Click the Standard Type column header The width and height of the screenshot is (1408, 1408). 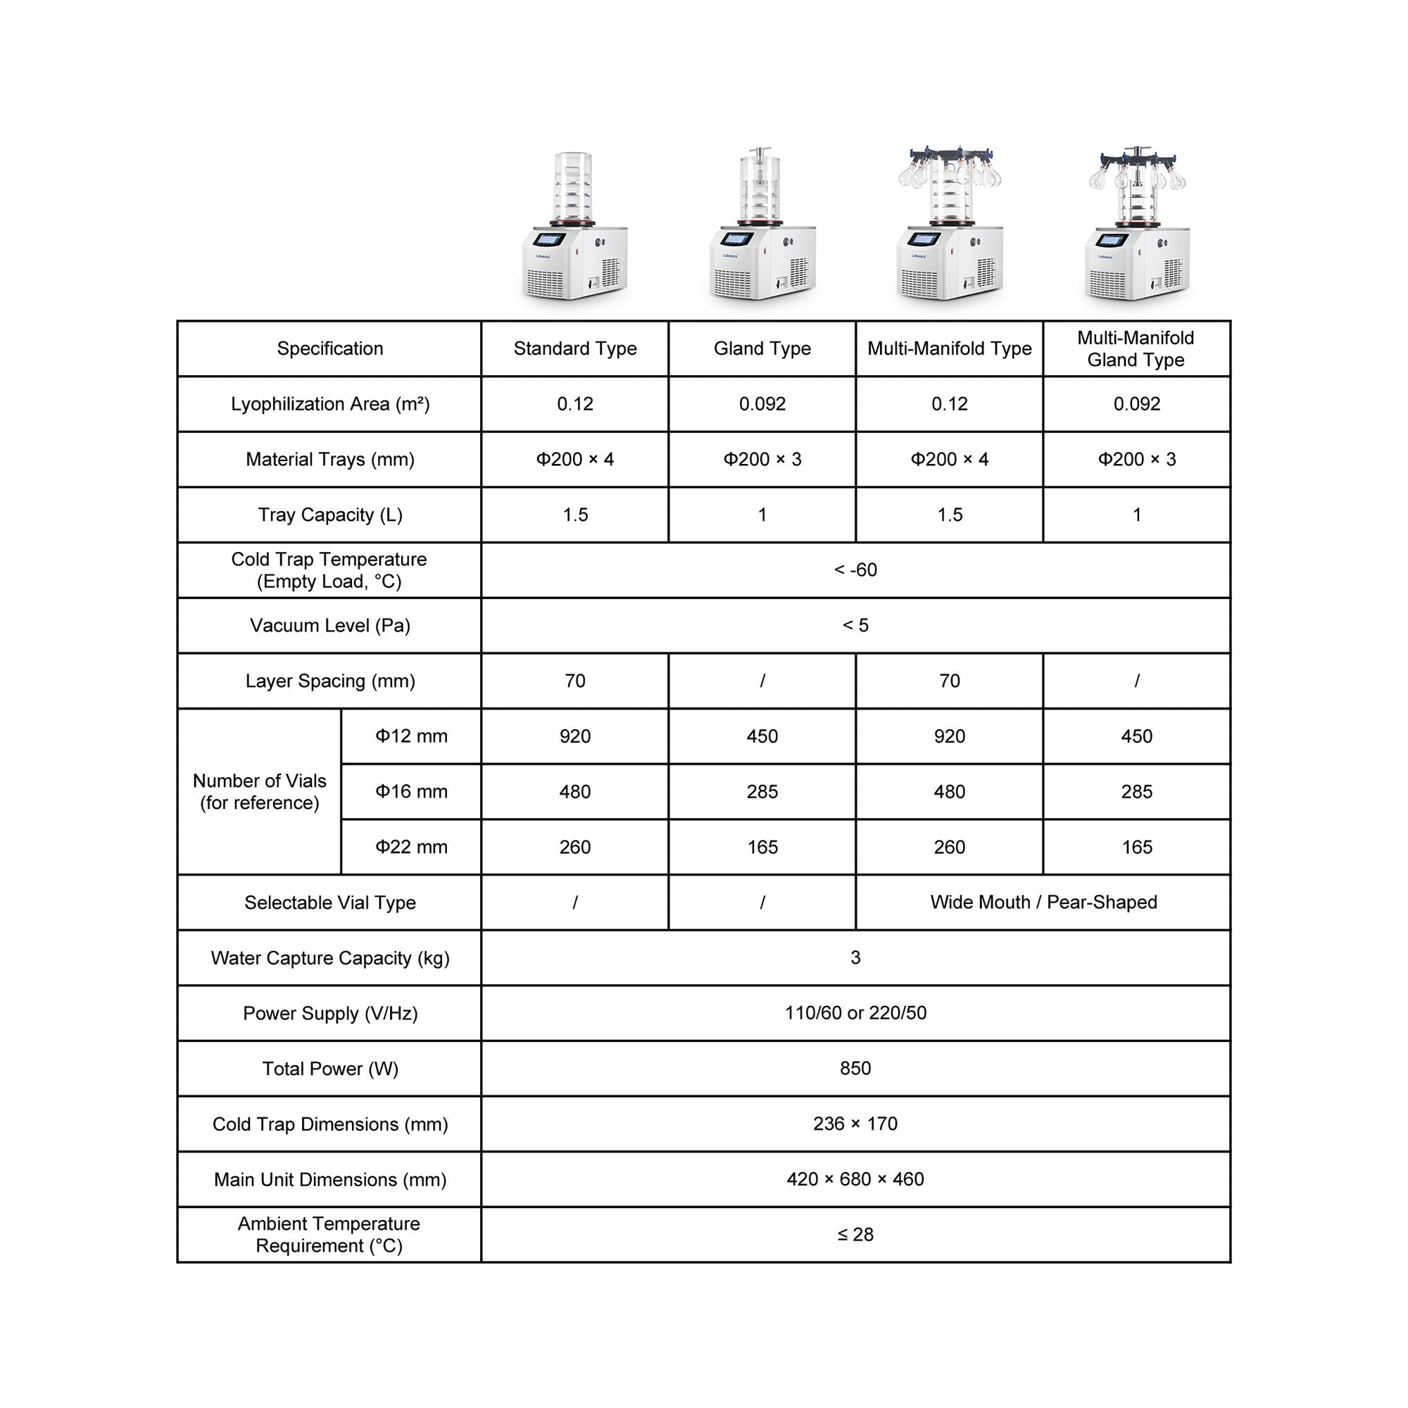(x=575, y=348)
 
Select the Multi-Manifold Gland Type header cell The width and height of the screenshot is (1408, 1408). (x=1136, y=348)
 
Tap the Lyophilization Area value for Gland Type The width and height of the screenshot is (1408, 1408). (x=762, y=403)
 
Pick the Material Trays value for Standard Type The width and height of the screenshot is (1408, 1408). (x=575, y=459)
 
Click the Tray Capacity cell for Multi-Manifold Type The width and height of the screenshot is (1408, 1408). (x=949, y=515)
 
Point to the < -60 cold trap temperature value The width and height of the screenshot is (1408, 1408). (x=855, y=570)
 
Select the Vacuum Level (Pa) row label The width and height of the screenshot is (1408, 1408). (x=329, y=625)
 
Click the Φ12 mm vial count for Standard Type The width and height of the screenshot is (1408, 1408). (x=575, y=736)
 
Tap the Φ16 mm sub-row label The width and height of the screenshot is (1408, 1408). (x=411, y=791)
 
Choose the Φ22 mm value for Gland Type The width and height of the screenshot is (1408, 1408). (x=762, y=847)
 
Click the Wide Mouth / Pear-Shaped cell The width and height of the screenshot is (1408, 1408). (x=1043, y=903)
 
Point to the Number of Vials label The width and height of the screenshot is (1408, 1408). (x=260, y=791)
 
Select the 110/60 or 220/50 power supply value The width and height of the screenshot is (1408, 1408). (x=855, y=1013)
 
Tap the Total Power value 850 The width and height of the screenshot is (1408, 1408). (x=855, y=1069)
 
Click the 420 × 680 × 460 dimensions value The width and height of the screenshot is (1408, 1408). (x=855, y=1179)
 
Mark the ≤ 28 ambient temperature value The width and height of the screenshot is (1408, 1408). (x=855, y=1235)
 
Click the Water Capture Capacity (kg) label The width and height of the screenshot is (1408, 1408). (x=329, y=957)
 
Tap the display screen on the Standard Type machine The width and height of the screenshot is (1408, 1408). (x=549, y=239)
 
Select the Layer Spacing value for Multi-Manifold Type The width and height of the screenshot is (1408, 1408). (x=949, y=681)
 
